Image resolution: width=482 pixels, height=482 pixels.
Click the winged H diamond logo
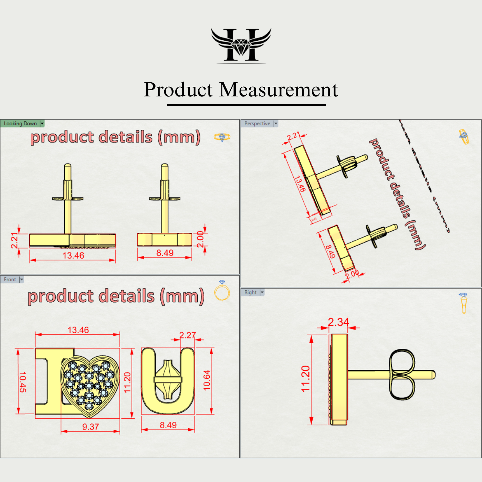pos(241,45)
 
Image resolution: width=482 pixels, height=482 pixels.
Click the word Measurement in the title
pos(279,90)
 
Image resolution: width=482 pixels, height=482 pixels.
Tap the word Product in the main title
pos(178,90)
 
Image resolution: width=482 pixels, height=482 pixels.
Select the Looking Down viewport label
pos(20,124)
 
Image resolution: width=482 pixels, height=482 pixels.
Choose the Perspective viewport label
pos(257,124)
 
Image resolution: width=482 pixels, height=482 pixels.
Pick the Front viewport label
pos(10,280)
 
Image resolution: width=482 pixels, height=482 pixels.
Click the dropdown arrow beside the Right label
pos(262,292)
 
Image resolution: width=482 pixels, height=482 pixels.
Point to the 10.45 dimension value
pos(22,382)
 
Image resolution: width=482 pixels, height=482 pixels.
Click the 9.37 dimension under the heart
pos(91,427)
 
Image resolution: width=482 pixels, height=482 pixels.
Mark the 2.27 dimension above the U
pos(187,335)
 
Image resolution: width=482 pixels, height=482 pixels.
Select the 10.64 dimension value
pos(207,380)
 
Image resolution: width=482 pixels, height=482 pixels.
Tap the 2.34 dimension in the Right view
pos(338,322)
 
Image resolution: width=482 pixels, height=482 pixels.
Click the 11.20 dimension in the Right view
pos(305,379)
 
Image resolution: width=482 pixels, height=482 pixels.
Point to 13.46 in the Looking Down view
pos(73,255)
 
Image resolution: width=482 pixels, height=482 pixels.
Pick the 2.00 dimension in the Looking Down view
pos(200,239)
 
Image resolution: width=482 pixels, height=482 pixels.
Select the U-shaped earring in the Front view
pos(168,380)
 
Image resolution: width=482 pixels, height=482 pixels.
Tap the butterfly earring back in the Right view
pos(402,375)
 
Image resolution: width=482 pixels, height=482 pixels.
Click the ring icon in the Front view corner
pos(222,291)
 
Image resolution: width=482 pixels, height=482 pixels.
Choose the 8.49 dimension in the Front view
pos(168,425)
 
